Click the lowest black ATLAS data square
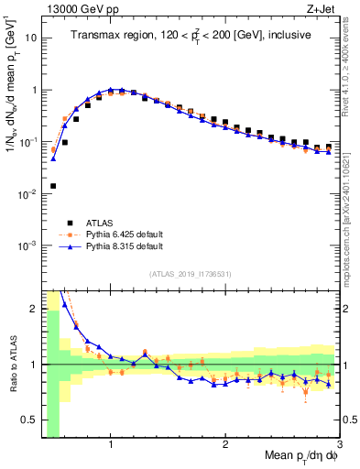click(53, 186)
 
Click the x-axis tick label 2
click(224, 445)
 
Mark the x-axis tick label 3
click(338, 445)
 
